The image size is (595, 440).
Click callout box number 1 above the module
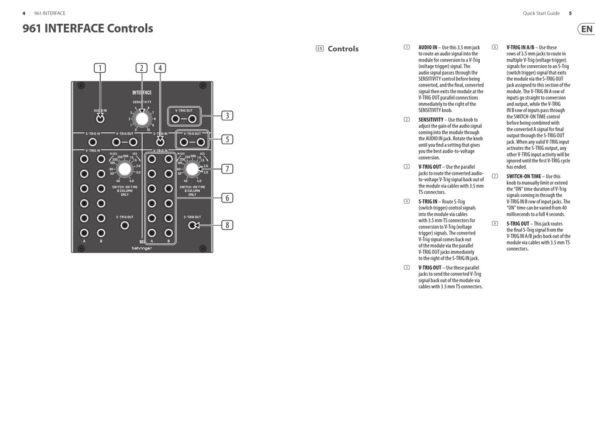[x=100, y=68]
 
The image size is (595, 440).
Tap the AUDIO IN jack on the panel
[x=100, y=117]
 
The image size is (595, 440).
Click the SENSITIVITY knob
[x=142, y=118]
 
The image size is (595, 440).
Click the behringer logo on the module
[x=142, y=248]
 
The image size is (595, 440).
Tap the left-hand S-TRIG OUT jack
[x=125, y=225]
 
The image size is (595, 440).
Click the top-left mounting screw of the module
[x=80, y=86]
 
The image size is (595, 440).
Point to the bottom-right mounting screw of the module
[x=202, y=248]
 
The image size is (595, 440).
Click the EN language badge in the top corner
[x=586, y=29]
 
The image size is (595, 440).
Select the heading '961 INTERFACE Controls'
[x=88, y=28]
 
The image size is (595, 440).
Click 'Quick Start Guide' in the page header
[x=541, y=13]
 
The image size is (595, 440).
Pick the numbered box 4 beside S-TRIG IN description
[x=406, y=201]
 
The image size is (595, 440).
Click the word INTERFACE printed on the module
[x=142, y=93]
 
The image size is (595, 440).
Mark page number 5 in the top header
[x=570, y=13]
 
